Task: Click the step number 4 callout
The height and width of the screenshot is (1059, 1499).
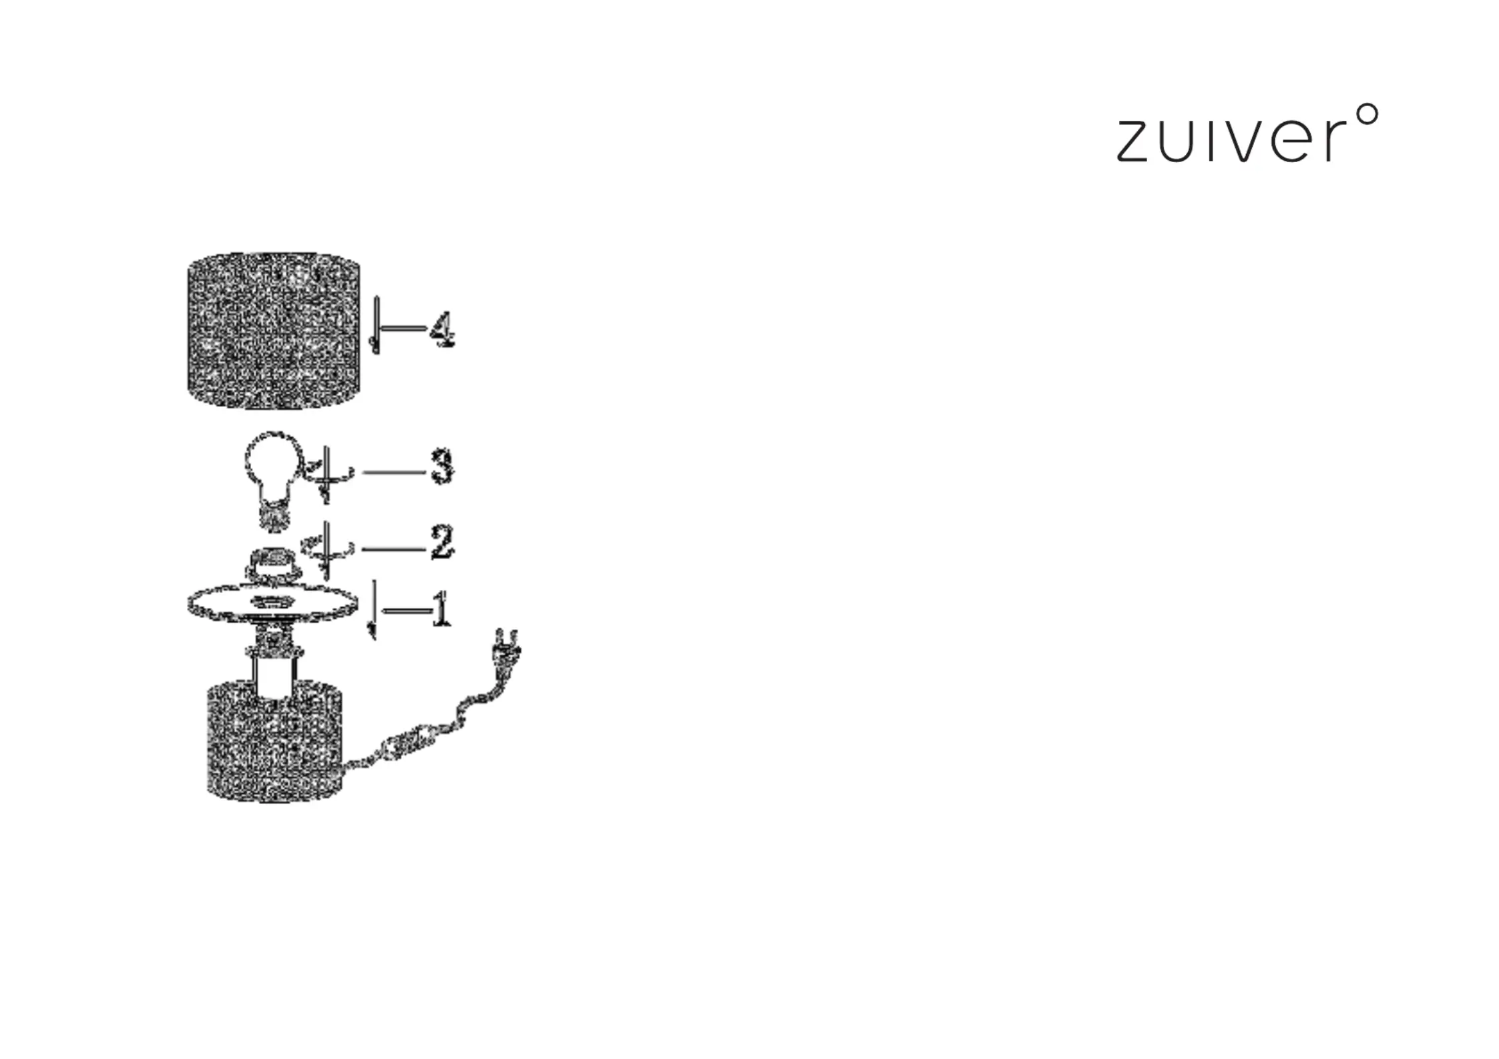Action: pos(441,330)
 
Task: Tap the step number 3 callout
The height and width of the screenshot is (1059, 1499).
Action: pos(442,466)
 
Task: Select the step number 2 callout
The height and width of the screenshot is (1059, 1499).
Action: pos(442,542)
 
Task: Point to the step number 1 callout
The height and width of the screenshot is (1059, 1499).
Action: pos(441,609)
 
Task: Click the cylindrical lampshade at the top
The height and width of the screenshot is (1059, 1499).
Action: pos(273,330)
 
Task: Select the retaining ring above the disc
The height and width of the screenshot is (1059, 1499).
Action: pos(272,562)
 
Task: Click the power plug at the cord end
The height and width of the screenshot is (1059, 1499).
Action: pos(505,650)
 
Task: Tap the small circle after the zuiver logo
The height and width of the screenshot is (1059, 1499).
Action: pos(1367,114)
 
